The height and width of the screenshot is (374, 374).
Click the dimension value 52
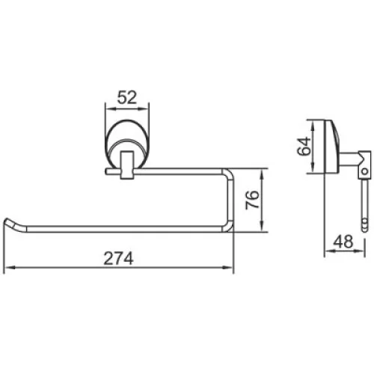(x=127, y=97)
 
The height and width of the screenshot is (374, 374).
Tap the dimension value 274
(x=118, y=259)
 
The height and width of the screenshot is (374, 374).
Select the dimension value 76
(x=252, y=200)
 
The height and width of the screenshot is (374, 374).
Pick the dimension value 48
(x=343, y=242)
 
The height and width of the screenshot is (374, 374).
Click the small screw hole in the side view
(x=365, y=171)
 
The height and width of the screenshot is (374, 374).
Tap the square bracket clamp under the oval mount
(x=127, y=165)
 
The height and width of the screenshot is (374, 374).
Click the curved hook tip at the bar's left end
(x=10, y=223)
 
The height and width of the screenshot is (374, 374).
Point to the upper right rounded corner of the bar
(x=229, y=173)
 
